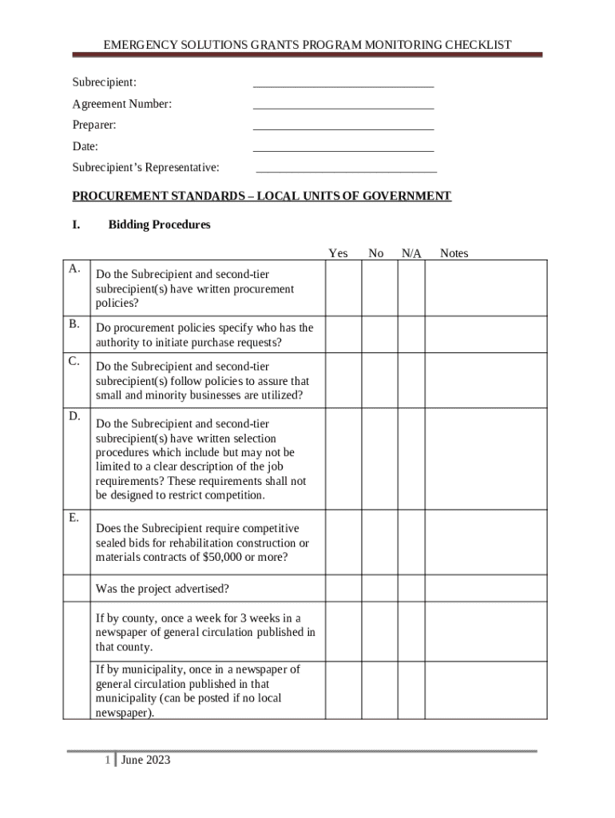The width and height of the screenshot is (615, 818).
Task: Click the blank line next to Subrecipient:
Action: click(343, 84)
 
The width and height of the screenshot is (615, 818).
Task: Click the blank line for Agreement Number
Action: click(343, 105)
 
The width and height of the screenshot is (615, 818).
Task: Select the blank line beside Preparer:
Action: click(343, 126)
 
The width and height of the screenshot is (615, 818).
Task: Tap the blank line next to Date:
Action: click(343, 148)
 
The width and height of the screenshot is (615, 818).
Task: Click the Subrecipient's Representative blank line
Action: click(346, 169)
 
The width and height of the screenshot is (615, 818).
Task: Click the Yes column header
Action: click(338, 253)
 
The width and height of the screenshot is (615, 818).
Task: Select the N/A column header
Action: click(411, 253)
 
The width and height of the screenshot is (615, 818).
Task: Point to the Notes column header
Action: click(454, 253)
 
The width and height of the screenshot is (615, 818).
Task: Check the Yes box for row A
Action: click(343, 288)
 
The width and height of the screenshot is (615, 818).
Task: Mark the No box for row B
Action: click(380, 335)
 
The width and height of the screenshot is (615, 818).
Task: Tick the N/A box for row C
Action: click(411, 380)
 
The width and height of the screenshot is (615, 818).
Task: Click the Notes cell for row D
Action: click(486, 459)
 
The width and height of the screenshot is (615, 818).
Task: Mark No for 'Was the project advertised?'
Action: click(380, 589)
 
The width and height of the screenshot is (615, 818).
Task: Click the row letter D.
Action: click(74, 417)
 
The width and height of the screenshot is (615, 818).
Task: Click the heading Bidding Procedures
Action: click(159, 224)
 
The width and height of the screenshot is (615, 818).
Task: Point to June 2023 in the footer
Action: click(146, 760)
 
